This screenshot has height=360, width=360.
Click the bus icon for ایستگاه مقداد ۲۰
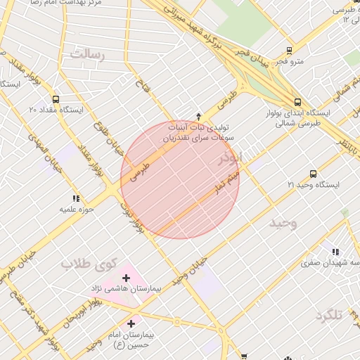[x=56, y=99]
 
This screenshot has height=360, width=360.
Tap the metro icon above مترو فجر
[x=289, y=51]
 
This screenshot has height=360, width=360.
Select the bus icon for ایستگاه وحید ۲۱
[x=313, y=174]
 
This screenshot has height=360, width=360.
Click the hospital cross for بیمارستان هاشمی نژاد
[x=127, y=278]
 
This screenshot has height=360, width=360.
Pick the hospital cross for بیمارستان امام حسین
[x=131, y=323]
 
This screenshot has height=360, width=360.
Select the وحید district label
[x=284, y=222]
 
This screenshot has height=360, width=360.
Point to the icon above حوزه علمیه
[x=76, y=199]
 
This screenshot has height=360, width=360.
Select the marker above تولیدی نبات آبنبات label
[x=198, y=116]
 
